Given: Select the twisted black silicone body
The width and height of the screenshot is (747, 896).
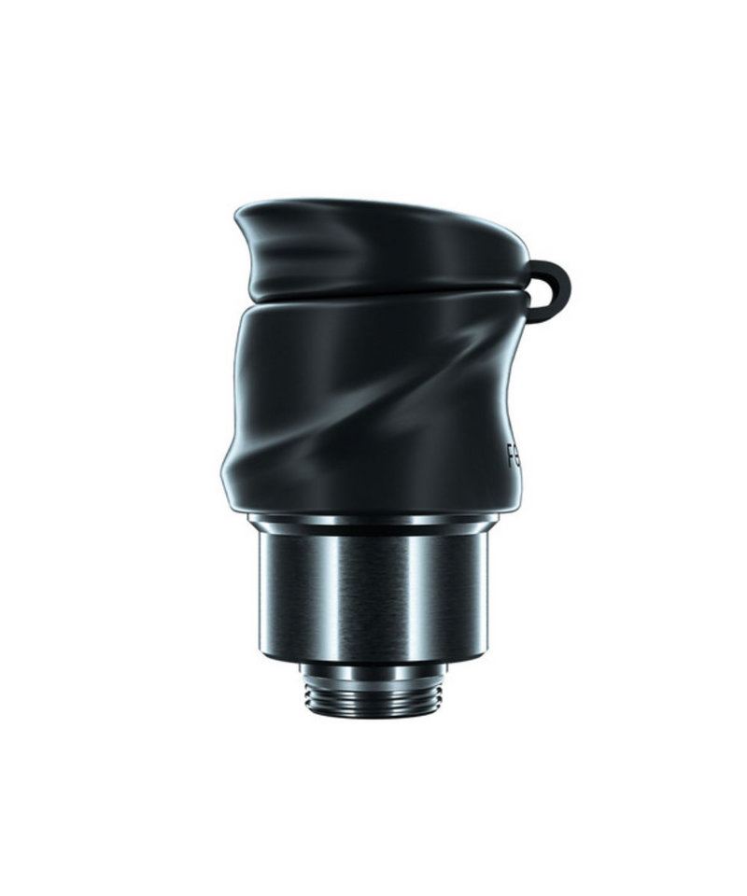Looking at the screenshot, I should pos(373,401).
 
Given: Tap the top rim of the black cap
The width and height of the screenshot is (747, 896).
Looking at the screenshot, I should pos(373,203).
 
